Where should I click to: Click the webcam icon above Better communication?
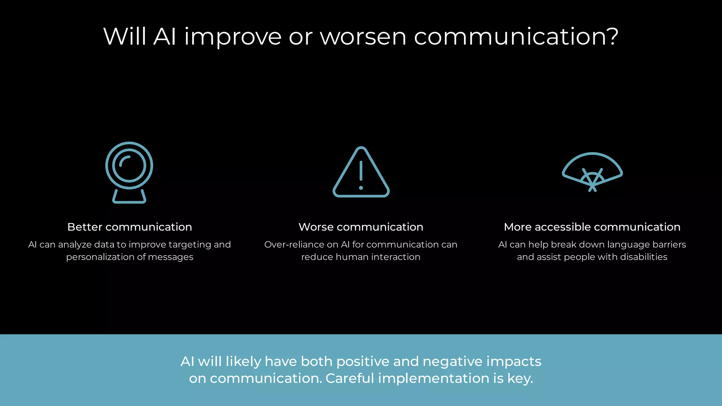click(129, 172)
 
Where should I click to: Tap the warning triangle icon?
click(361, 172)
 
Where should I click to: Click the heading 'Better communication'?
click(129, 227)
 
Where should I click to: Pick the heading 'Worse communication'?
click(361, 227)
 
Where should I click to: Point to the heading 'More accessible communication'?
click(592, 227)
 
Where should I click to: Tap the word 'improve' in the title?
click(233, 37)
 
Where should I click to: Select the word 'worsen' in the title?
click(363, 37)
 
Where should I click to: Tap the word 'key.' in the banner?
click(520, 378)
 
